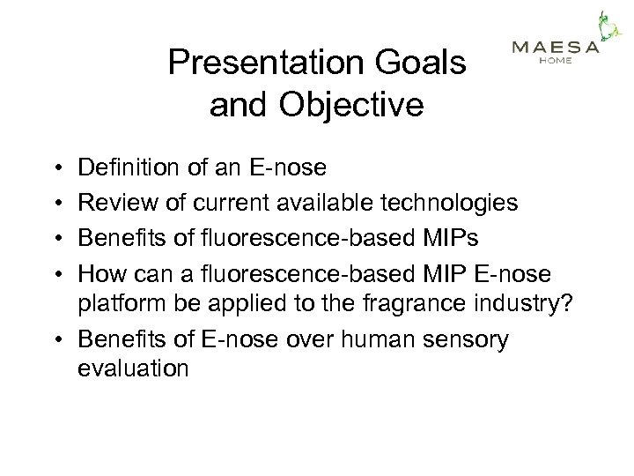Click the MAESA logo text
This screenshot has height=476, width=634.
(556, 48)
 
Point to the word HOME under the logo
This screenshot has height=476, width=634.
(556, 62)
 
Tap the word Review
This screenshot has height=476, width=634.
(114, 203)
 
